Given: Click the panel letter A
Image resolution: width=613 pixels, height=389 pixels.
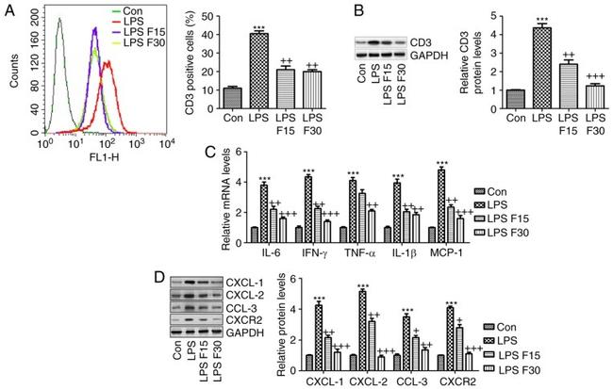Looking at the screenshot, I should click(10, 11).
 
